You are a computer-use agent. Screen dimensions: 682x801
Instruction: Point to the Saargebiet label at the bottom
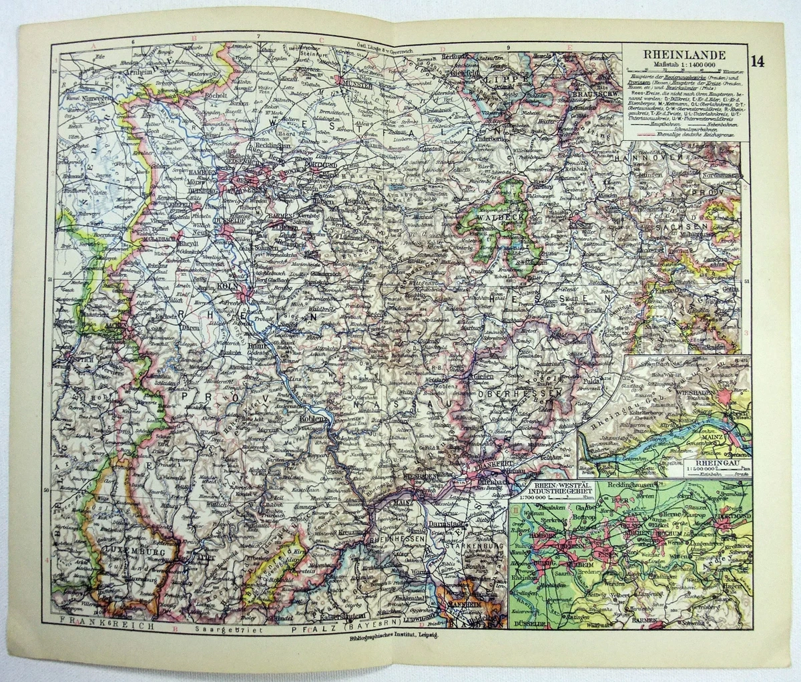(212, 628)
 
